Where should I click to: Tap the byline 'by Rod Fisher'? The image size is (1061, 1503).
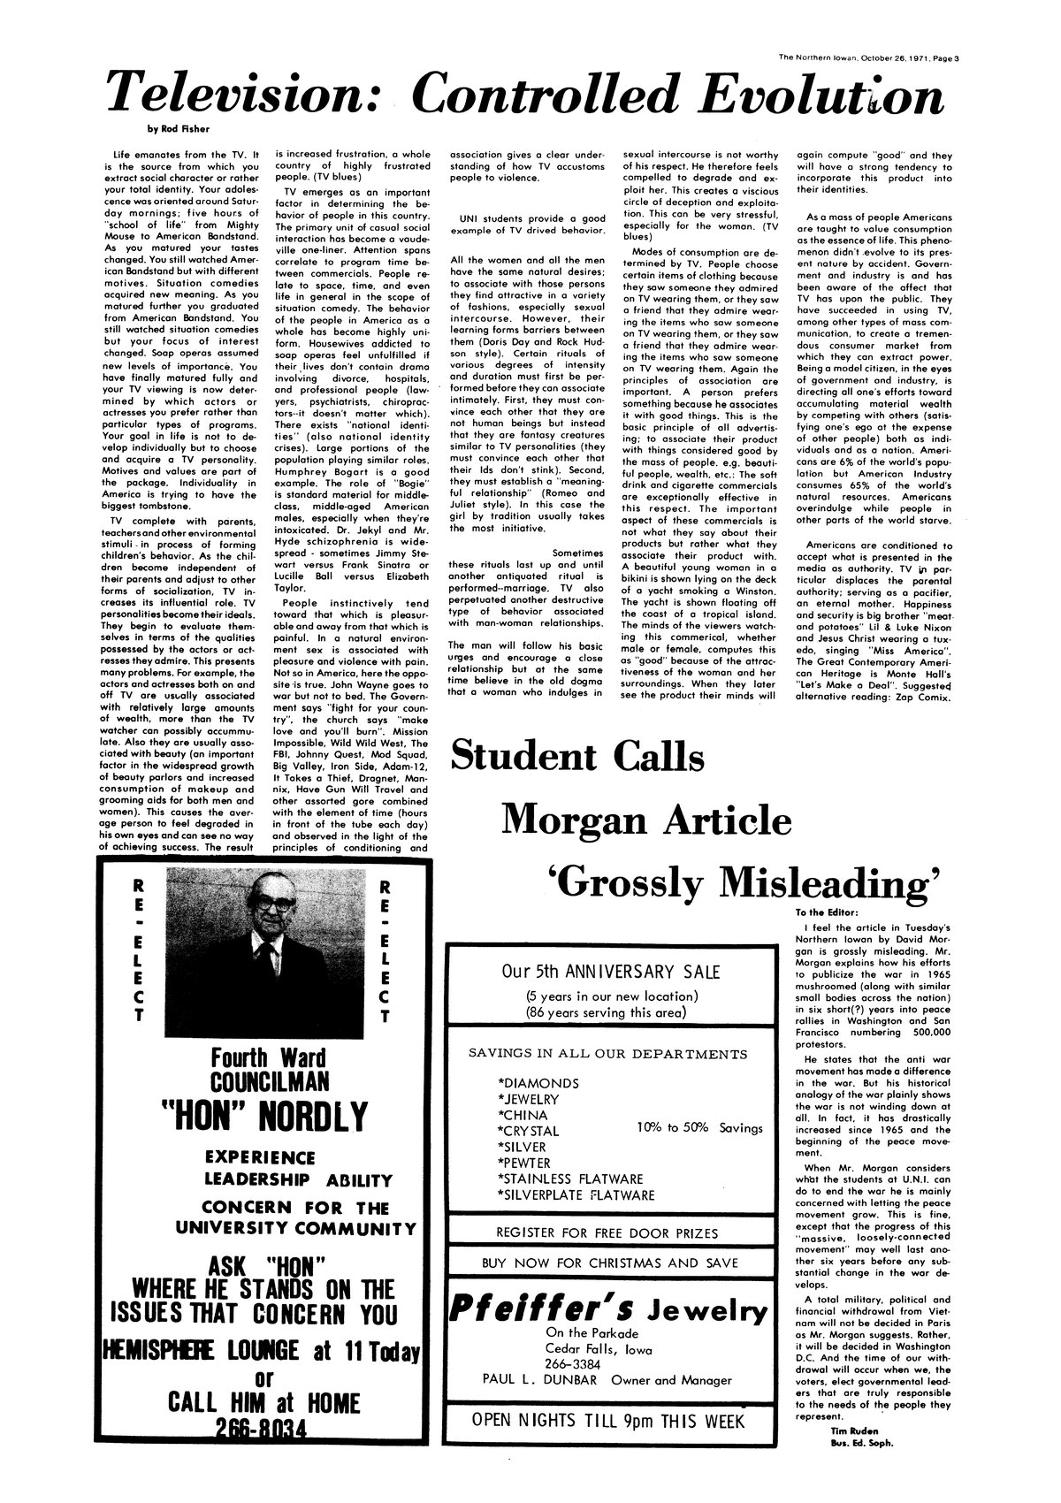172,129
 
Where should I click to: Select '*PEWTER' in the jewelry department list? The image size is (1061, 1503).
524,1163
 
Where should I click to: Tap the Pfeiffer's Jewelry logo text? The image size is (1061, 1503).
610,1310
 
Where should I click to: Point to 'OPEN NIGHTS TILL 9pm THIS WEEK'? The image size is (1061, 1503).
609,1422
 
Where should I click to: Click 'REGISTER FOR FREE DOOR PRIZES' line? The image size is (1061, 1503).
607,1233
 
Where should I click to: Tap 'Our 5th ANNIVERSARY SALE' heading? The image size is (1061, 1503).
610,972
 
